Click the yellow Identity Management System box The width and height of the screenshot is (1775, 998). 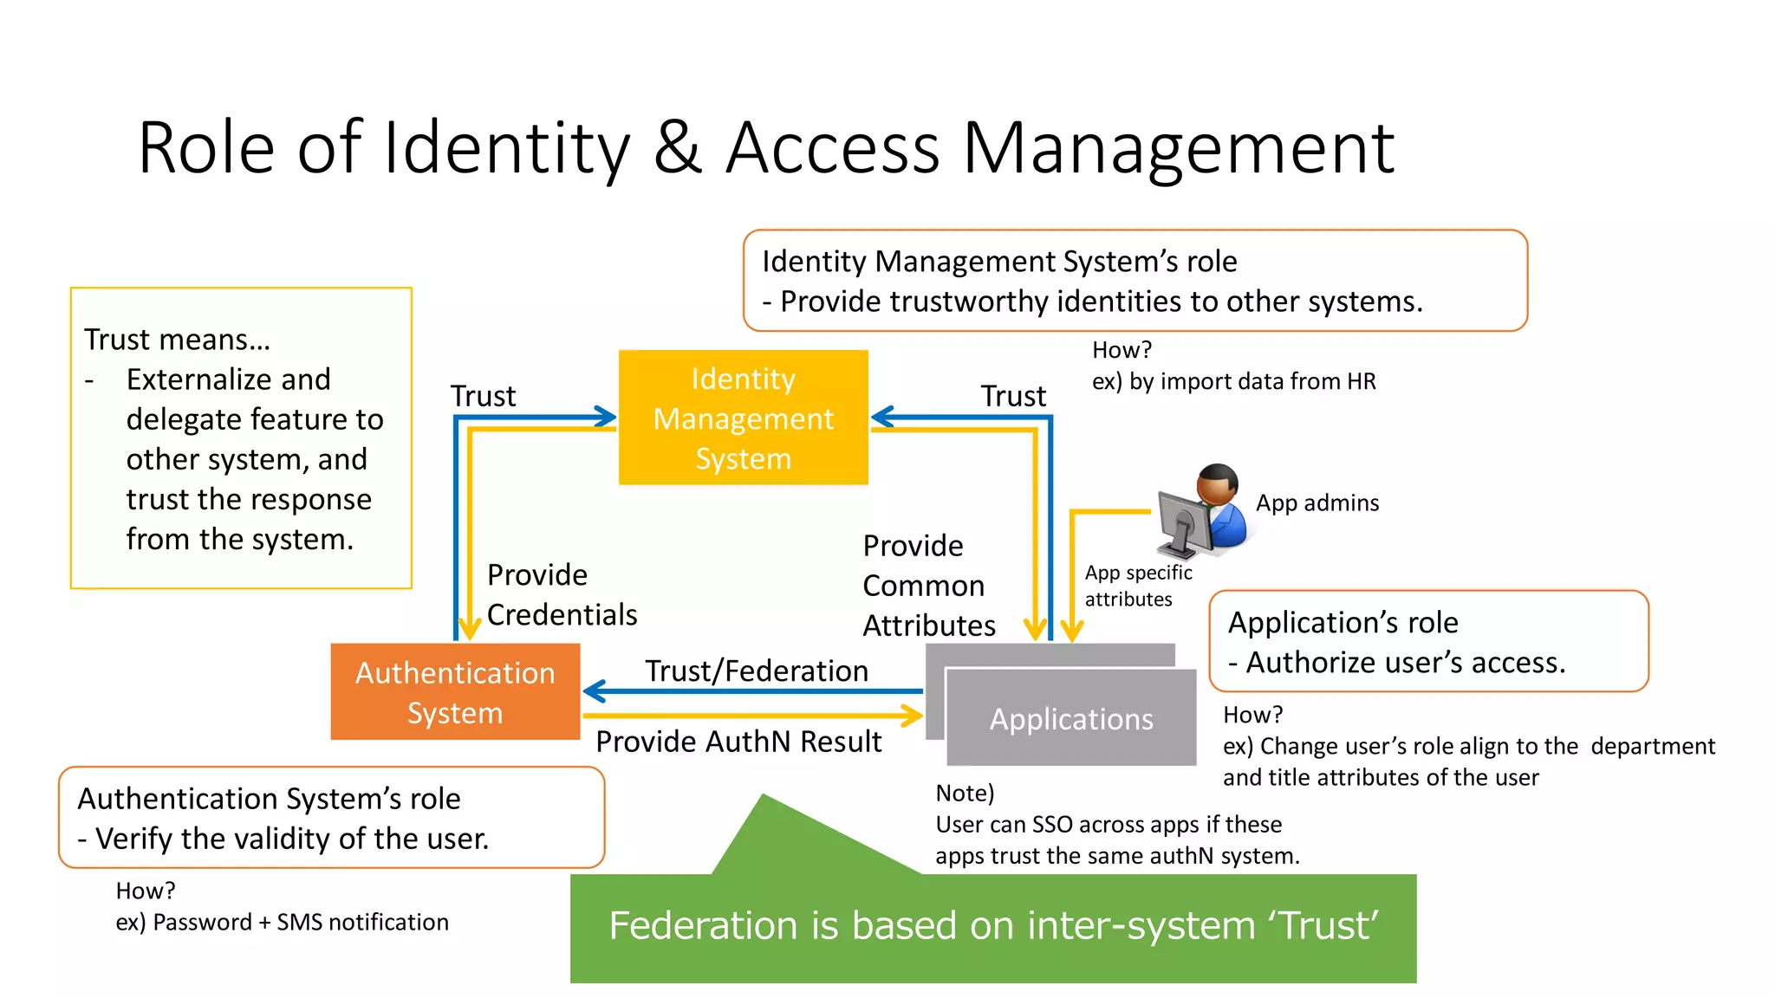(x=743, y=418)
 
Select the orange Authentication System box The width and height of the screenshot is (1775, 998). (x=455, y=691)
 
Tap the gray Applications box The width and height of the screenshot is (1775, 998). (x=1071, y=718)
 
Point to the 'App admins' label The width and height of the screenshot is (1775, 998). (x=1317, y=503)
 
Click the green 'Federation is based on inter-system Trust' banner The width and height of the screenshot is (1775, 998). (x=993, y=926)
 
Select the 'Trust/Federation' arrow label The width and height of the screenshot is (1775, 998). (x=756, y=671)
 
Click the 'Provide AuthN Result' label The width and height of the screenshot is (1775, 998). (x=738, y=742)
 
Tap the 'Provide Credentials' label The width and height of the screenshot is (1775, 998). (x=562, y=594)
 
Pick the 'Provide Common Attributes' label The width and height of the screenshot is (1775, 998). (x=928, y=586)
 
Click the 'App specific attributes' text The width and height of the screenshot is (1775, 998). (x=1138, y=586)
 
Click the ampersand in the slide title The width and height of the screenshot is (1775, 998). (x=677, y=148)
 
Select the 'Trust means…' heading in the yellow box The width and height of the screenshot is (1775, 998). (x=178, y=340)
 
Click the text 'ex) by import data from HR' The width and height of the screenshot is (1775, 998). (x=1233, y=381)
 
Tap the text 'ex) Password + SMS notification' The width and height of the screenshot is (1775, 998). (x=282, y=922)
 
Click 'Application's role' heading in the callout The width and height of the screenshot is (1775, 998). (x=1343, y=622)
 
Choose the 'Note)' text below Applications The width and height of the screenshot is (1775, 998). (x=965, y=793)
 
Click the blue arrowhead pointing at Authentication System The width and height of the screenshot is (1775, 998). (x=594, y=691)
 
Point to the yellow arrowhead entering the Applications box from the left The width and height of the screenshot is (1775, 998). (x=913, y=716)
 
